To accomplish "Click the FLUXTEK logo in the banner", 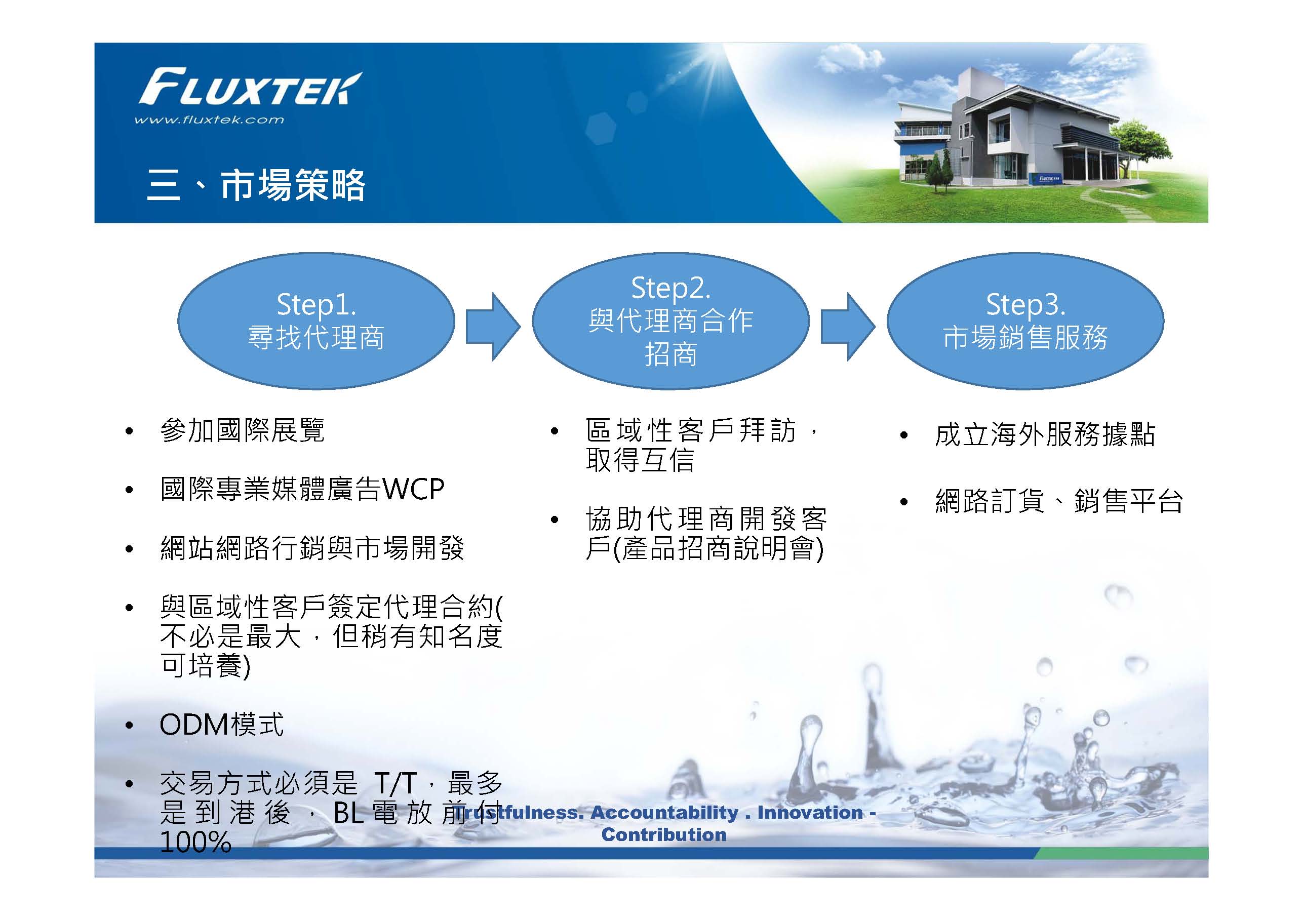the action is (250, 88).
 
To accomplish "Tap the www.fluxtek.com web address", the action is (209, 119).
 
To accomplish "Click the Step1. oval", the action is (316, 321).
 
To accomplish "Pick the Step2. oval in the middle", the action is (671, 321).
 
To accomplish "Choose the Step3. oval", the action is (1025, 321).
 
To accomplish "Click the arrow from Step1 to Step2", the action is (493, 327).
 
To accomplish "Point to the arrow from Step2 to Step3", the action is (848, 327).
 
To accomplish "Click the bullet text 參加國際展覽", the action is (243, 431).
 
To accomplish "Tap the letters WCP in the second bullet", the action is (413, 489).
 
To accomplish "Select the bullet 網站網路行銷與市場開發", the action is (312, 548).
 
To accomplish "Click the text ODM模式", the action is (222, 725).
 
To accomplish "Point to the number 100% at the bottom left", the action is (196, 842).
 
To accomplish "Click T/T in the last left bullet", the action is (396, 784).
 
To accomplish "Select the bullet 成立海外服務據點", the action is (1045, 435).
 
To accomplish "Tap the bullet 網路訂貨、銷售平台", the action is (1059, 501).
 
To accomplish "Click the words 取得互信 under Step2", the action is (640, 460).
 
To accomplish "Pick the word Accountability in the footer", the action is (664, 813).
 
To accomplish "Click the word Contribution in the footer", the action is (664, 835).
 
